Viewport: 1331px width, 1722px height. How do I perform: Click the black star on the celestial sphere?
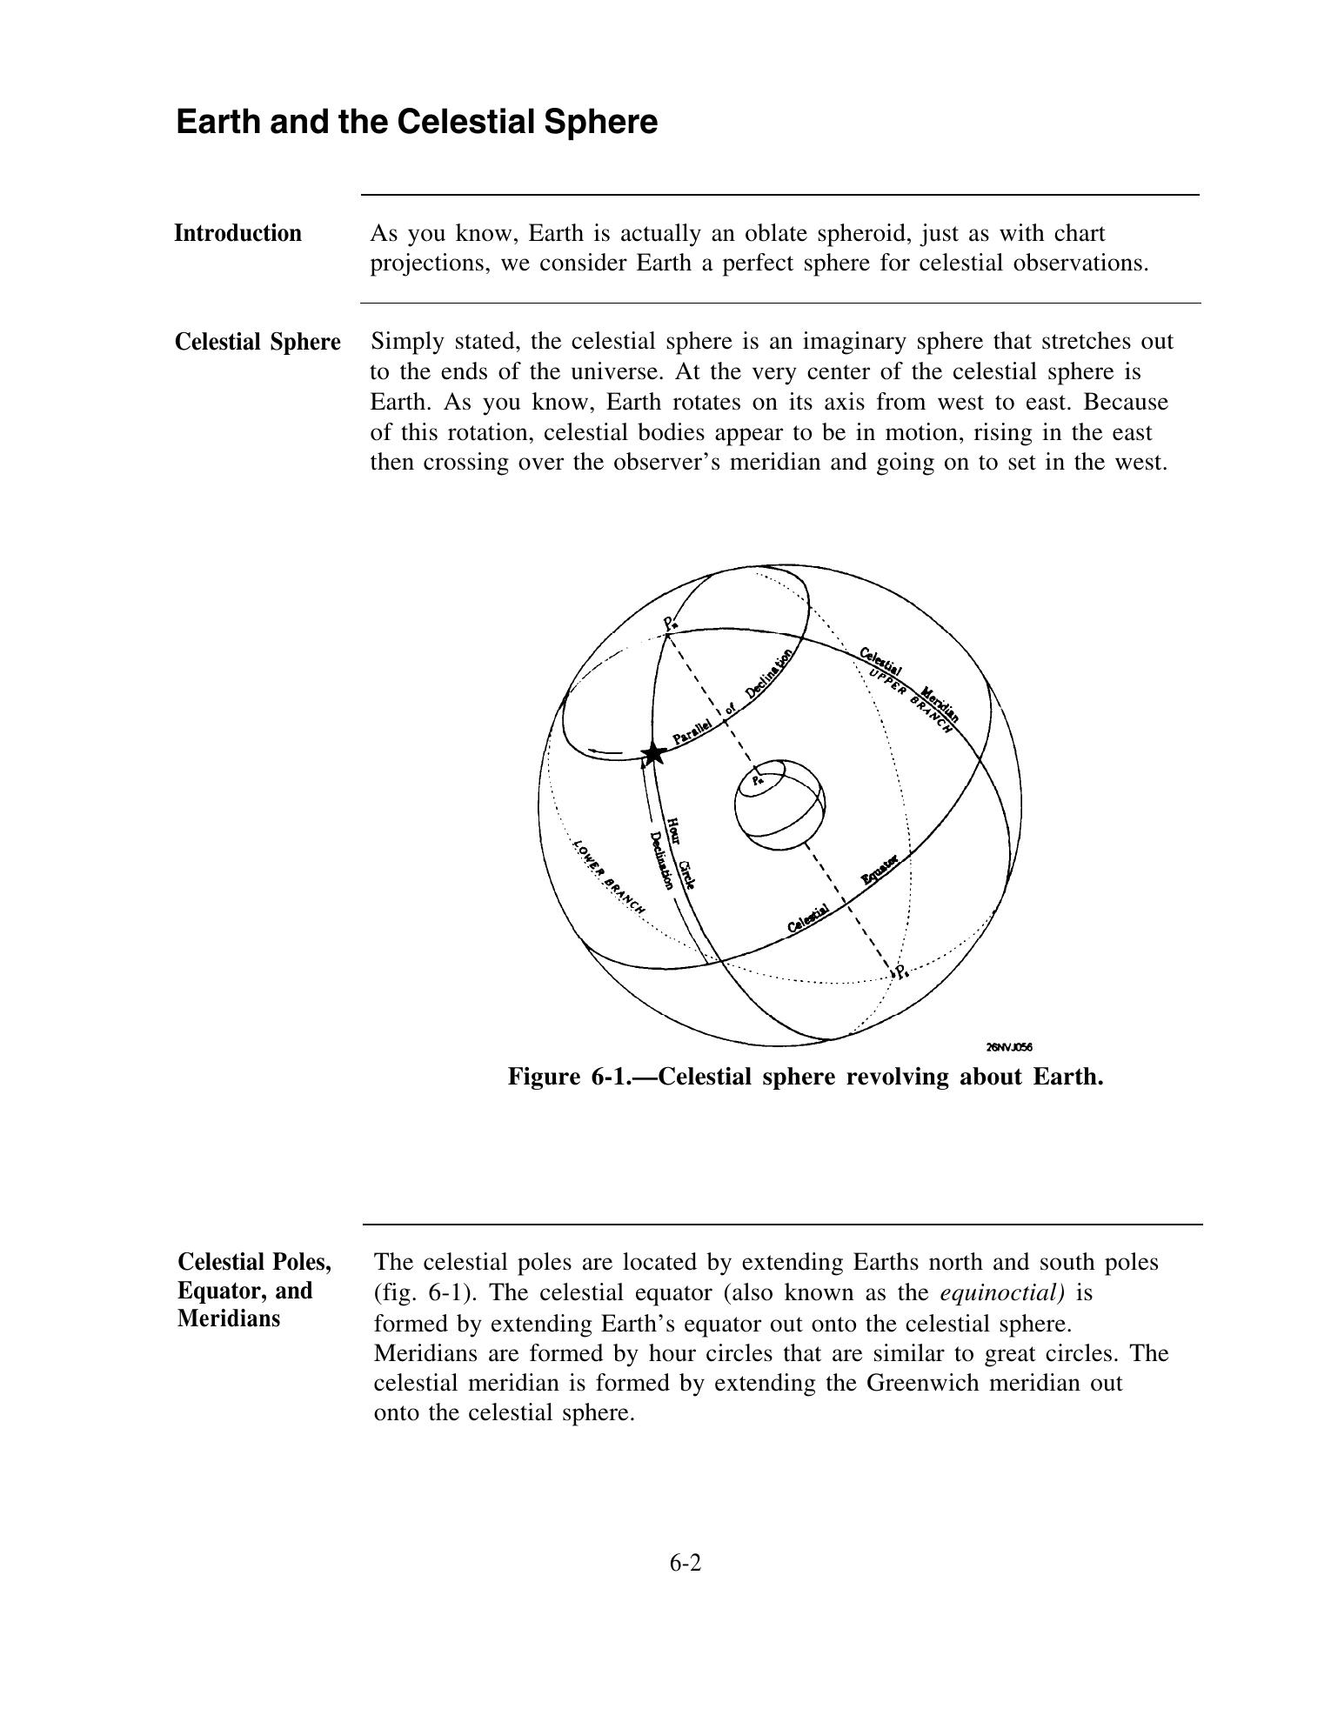click(652, 754)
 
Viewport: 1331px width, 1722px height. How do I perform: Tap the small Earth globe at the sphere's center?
click(779, 804)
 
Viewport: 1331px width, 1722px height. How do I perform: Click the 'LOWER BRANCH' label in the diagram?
click(609, 877)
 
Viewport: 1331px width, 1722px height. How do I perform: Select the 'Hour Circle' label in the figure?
click(681, 853)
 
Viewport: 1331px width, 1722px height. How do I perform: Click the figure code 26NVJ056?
click(1009, 1047)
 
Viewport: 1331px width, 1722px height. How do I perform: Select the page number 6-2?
click(685, 1563)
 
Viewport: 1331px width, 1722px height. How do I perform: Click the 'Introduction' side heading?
click(237, 233)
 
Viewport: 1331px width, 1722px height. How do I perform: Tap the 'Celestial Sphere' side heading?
click(258, 342)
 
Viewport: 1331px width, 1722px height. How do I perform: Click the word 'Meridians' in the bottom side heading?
click(229, 1318)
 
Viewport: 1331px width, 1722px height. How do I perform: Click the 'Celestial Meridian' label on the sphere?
click(909, 684)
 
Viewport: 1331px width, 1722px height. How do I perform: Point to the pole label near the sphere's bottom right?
click(901, 971)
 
